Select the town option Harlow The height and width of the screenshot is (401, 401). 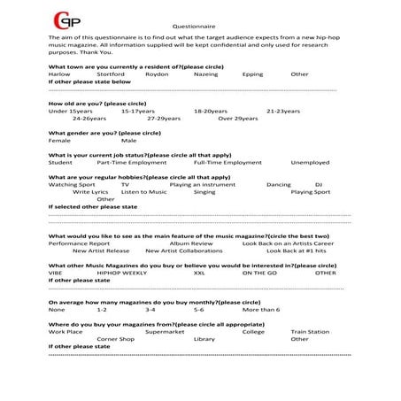[x=58, y=74]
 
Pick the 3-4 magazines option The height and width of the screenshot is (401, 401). [x=150, y=310]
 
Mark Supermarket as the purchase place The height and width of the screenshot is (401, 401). [x=166, y=331]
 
